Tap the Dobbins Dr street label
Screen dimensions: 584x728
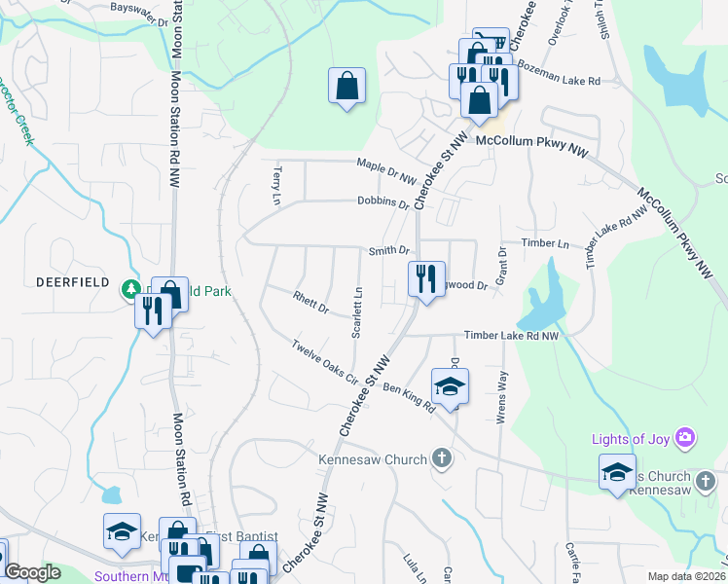382,203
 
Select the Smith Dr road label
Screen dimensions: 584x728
388,251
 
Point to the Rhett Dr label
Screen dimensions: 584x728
309,301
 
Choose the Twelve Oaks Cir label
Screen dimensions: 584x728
325,363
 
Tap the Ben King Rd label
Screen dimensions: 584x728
409,397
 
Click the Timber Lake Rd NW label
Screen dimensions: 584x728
512,335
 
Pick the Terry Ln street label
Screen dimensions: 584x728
276,184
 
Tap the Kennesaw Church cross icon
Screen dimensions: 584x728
442,458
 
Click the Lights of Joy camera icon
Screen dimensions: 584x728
686,439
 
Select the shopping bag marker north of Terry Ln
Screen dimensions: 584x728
346,85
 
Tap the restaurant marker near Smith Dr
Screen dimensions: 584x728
425,279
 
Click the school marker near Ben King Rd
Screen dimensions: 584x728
450,386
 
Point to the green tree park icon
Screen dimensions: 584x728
129,289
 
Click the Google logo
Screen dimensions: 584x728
31,572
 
